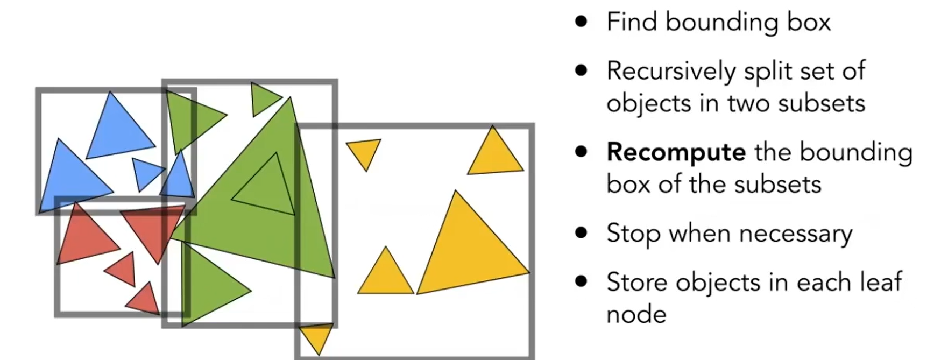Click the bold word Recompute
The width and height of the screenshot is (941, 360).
676,153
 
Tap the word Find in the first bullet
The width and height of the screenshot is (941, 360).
632,22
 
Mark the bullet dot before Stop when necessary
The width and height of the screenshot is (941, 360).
581,234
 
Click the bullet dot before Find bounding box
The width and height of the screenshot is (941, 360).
581,22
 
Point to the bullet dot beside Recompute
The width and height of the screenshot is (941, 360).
581,152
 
